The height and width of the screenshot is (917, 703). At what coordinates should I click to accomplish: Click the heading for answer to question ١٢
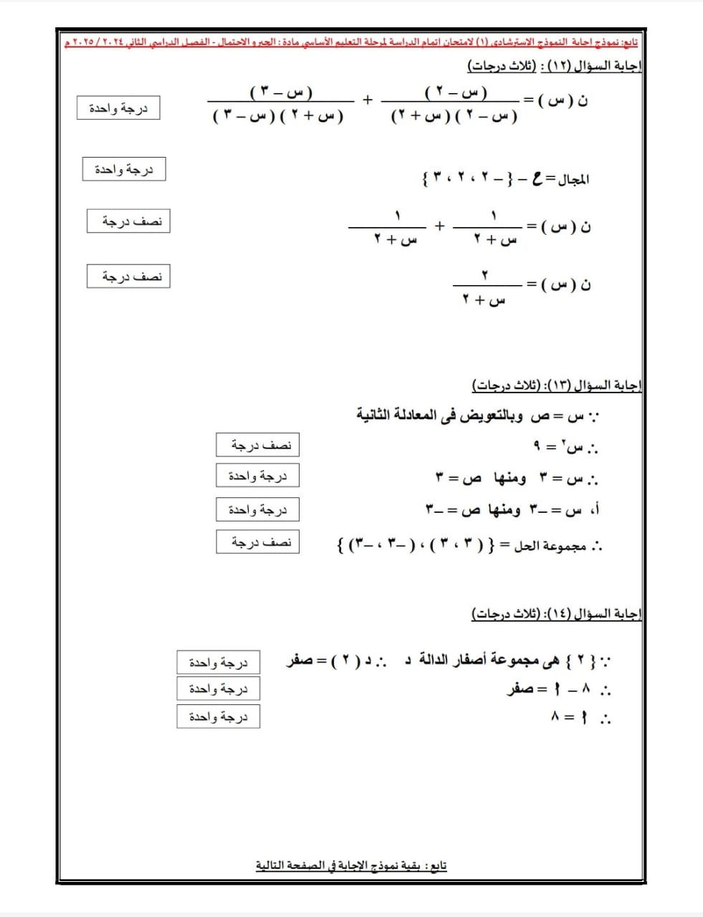pyautogui.click(x=555, y=67)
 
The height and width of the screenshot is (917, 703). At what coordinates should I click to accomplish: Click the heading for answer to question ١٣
pyautogui.click(x=556, y=386)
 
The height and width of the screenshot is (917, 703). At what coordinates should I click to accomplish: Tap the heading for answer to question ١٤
pyautogui.click(x=556, y=614)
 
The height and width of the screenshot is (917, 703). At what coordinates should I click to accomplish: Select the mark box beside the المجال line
pyautogui.click(x=124, y=170)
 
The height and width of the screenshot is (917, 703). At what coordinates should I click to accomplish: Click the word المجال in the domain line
pyautogui.click(x=572, y=179)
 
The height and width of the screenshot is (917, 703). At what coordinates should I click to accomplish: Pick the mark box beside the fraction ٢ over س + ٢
pyautogui.click(x=128, y=277)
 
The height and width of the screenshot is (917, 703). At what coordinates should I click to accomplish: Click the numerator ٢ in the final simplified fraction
pyautogui.click(x=484, y=275)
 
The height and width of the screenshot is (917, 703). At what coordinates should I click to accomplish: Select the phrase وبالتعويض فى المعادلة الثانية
pyautogui.click(x=439, y=416)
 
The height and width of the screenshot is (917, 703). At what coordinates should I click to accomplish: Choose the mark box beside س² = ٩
pyautogui.click(x=257, y=445)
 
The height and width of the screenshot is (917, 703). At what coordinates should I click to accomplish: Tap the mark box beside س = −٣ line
pyautogui.click(x=257, y=509)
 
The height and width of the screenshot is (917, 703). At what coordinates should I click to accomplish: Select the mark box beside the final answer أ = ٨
pyautogui.click(x=218, y=716)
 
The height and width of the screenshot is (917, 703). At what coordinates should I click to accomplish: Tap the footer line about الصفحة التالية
pyautogui.click(x=351, y=865)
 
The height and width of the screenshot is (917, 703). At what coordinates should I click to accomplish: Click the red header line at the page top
pyautogui.click(x=351, y=42)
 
